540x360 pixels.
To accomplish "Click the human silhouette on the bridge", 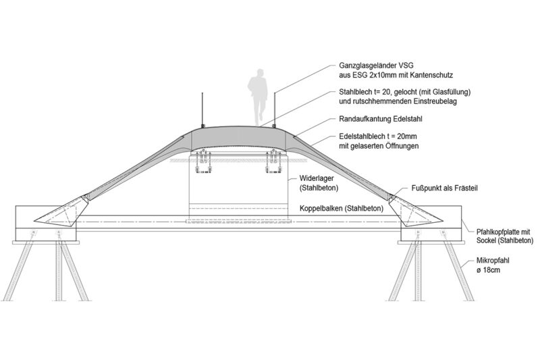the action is point(258,97).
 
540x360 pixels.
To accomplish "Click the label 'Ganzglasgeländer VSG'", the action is point(376,65).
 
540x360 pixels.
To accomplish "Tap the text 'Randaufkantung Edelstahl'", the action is point(381,119).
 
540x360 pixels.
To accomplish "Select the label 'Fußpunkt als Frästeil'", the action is point(445,188).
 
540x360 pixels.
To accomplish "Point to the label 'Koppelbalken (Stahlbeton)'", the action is point(342,209).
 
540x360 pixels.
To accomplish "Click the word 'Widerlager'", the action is point(317,178).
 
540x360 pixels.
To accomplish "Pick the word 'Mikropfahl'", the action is point(493,261).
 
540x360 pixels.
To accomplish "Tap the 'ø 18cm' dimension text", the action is point(488,269).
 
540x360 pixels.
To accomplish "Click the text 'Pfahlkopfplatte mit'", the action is point(503,232).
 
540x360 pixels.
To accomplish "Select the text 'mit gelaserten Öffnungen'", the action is point(379,146).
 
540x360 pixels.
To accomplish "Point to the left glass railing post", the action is point(202,109).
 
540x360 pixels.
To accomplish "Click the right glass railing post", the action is point(275,109).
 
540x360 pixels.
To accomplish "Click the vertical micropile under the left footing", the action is point(59,270).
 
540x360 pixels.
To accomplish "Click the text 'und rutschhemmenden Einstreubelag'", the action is point(398,101).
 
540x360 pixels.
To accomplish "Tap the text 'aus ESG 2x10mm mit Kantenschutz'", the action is point(396,75).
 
